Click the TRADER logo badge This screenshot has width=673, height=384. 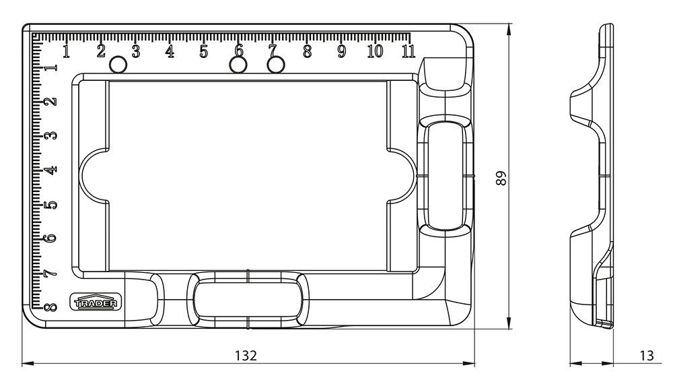(96, 302)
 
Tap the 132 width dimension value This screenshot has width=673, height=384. (246, 356)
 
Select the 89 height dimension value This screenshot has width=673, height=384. (501, 179)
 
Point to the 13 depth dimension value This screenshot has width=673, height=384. (646, 356)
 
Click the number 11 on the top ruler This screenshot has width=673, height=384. (409, 51)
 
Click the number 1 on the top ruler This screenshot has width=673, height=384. (66, 51)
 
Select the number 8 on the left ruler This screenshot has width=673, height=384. (50, 307)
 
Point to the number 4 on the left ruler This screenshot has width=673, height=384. (50, 170)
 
